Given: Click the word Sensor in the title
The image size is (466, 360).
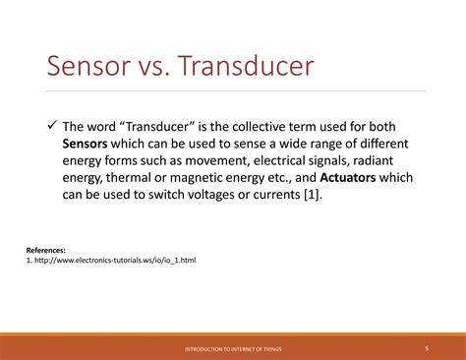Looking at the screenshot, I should click(x=87, y=68).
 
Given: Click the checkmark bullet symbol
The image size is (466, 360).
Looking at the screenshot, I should click(x=52, y=127).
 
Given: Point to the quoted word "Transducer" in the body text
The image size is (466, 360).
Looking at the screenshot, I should click(x=157, y=127).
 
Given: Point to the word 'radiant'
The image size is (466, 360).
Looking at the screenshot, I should click(x=382, y=161).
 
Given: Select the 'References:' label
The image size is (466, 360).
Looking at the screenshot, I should click(x=45, y=251).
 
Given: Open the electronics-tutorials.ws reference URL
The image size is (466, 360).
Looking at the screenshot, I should click(x=113, y=262).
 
